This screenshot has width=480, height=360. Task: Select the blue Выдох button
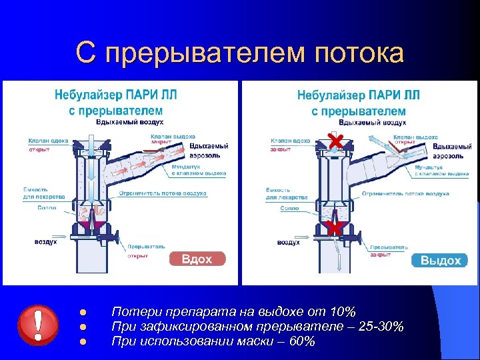pos(441,260)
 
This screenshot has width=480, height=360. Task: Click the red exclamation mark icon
pos(39,325)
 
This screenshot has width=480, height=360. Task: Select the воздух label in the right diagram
pos(288,242)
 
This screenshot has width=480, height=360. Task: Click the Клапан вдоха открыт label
pos(48,145)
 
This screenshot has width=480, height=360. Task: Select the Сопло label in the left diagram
pos(47,208)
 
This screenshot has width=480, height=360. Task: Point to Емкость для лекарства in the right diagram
pos(287,193)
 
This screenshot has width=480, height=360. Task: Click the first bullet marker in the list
pos(82,313)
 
